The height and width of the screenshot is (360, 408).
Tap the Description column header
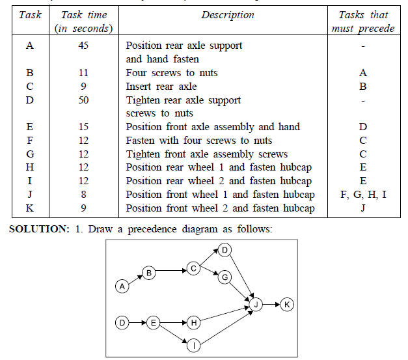click(227, 15)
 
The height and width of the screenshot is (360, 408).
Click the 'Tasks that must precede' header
click(363, 21)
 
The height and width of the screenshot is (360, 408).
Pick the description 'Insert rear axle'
click(161, 87)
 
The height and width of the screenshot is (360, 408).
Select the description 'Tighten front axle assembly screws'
click(207, 154)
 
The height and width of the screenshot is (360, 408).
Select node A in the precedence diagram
click(121, 286)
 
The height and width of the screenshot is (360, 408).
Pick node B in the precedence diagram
click(149, 273)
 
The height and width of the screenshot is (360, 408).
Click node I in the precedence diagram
click(193, 346)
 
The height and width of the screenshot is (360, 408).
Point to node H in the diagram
click(193, 322)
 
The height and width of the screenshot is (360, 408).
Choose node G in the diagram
click(225, 278)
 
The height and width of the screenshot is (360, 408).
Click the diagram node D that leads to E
click(121, 322)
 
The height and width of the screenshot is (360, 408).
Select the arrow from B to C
click(171, 270)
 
